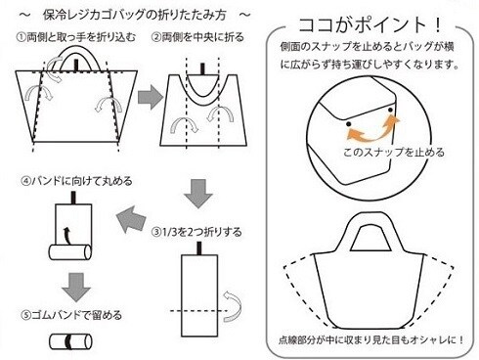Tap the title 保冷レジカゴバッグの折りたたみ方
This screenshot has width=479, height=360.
point(135,15)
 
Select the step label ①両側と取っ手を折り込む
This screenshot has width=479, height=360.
point(76,37)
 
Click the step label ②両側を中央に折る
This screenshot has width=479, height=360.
point(197,37)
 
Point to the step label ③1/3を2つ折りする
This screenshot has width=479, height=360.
point(196,232)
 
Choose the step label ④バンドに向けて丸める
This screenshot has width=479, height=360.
point(76,180)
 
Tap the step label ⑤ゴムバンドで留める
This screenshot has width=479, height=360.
point(71,315)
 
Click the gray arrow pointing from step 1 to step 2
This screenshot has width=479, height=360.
point(151,97)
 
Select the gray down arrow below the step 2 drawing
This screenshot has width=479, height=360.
point(198,194)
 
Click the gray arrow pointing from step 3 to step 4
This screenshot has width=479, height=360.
point(131,219)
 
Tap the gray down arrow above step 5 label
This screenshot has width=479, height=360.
point(76,288)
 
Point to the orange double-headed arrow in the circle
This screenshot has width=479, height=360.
point(373,129)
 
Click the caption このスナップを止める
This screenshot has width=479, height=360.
point(394,152)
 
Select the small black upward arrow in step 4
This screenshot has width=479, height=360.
point(66,236)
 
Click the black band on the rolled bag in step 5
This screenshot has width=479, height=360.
point(68,341)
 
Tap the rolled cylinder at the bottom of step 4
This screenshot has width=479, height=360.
point(70,252)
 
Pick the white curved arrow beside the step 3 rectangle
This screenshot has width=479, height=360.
point(233,306)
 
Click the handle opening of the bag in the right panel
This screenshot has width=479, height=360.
point(370,239)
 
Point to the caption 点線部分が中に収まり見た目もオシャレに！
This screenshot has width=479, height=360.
point(371,340)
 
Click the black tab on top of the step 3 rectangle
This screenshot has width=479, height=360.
point(199,248)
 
